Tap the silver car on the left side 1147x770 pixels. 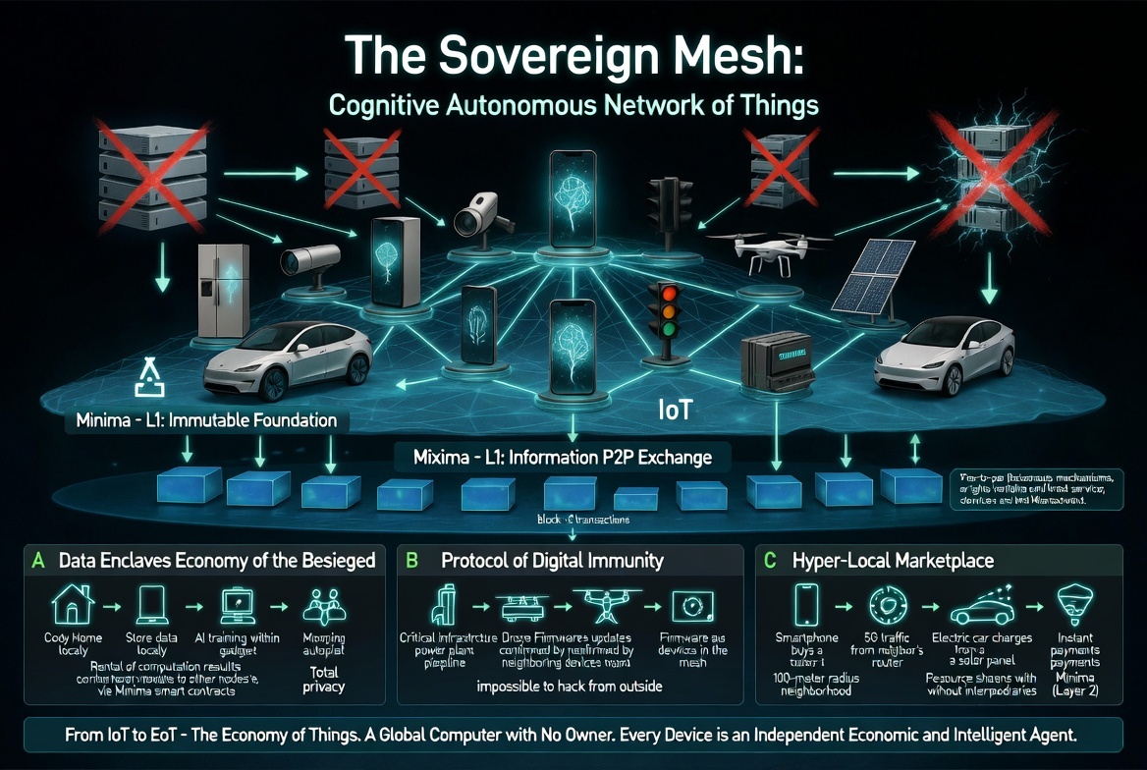click(x=288, y=357)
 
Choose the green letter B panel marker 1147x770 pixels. click(x=412, y=562)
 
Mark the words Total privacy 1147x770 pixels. click(x=324, y=680)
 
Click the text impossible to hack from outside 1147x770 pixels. click(x=571, y=686)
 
